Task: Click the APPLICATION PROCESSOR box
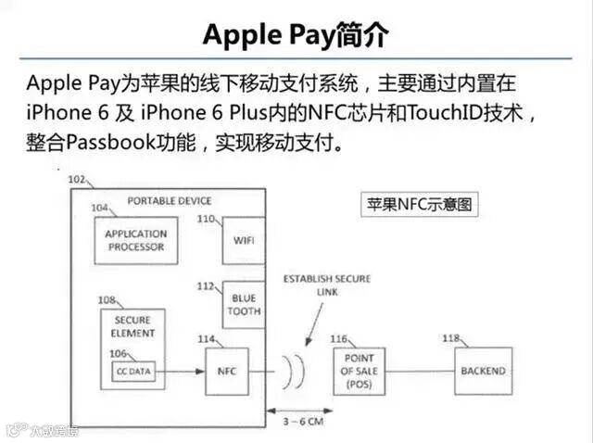click(135, 240)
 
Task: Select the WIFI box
click(244, 240)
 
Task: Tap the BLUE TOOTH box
click(244, 304)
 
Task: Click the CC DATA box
click(133, 371)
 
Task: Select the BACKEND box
click(482, 371)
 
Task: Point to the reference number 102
click(77, 179)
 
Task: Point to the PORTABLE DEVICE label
click(169, 200)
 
